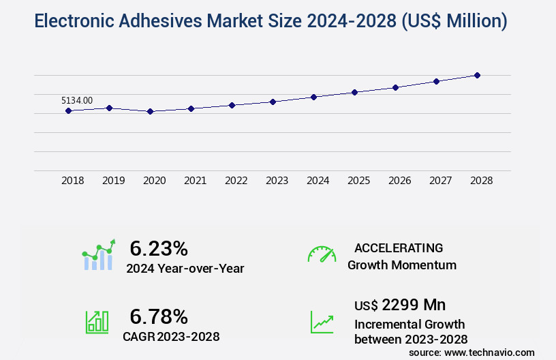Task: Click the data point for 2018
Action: click(x=69, y=110)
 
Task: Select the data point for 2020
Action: click(x=150, y=111)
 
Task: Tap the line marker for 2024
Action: click(x=313, y=97)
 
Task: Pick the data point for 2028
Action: click(x=477, y=75)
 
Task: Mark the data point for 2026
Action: click(x=395, y=87)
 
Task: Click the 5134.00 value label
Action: click(x=77, y=100)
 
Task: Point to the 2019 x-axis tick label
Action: click(x=114, y=181)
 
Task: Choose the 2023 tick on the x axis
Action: click(x=277, y=181)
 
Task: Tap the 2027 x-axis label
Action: click(x=441, y=181)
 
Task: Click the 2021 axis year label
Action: click(x=196, y=181)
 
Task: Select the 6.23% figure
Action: click(x=159, y=247)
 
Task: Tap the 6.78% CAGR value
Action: click(x=159, y=316)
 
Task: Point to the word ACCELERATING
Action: click(x=399, y=247)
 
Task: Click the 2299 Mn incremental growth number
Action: click(x=414, y=304)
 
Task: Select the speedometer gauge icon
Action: click(x=322, y=254)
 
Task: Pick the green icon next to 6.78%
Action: click(x=97, y=322)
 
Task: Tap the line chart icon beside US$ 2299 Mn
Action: click(x=322, y=322)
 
